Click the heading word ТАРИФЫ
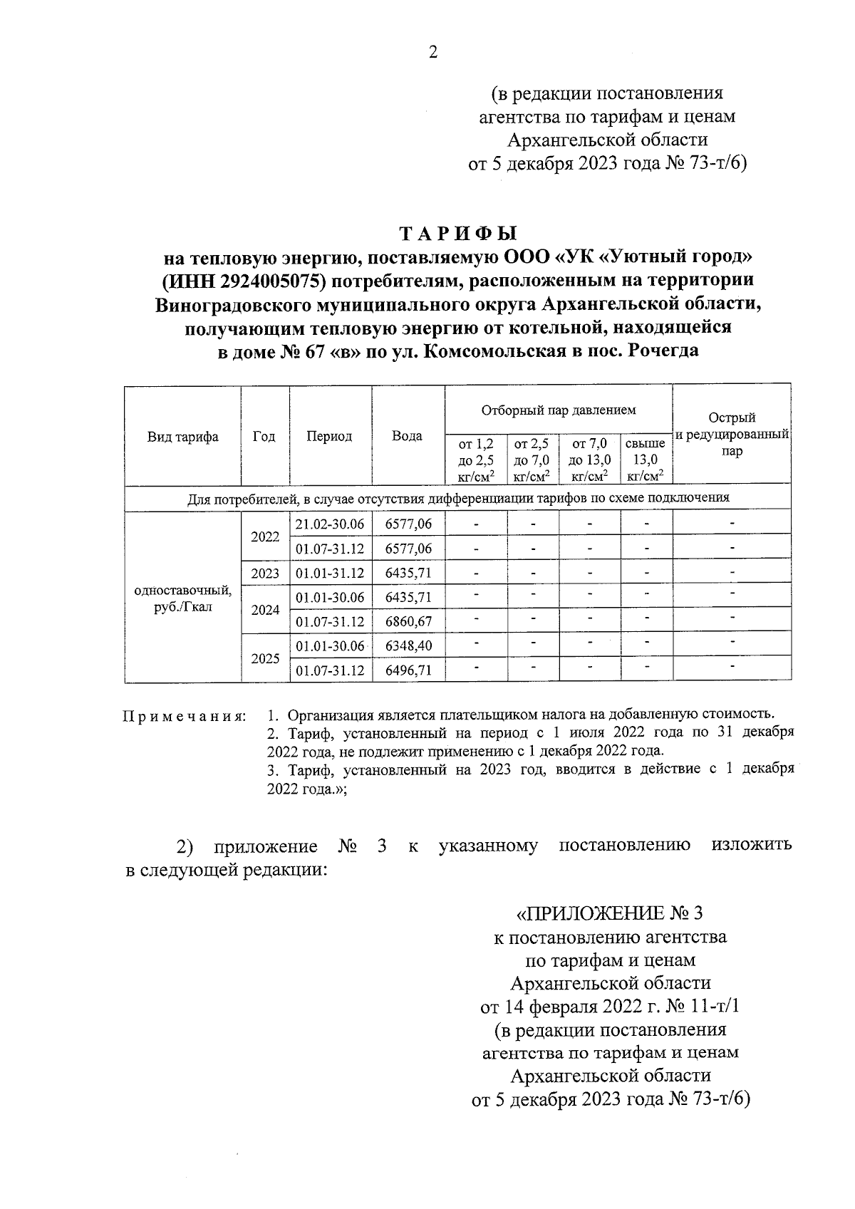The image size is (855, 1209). point(457,234)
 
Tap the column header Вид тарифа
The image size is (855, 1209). point(182,437)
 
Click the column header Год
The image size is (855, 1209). point(264,437)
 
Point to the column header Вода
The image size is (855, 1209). point(407,436)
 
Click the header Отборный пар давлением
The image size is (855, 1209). point(558,410)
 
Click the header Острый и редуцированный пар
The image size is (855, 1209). point(732,435)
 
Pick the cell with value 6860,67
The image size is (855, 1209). point(408,622)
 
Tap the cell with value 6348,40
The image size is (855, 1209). point(408,646)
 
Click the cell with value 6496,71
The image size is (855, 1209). point(408,670)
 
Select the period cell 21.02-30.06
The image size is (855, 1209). point(330,524)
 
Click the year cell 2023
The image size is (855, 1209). point(264,573)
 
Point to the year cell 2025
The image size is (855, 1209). point(264,658)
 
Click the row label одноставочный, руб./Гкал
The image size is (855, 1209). point(182,598)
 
